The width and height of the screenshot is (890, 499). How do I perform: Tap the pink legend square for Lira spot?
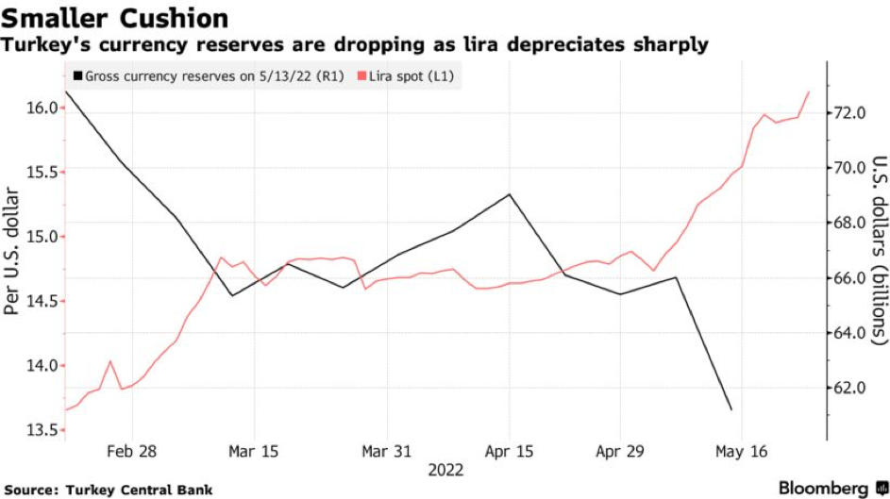(x=360, y=76)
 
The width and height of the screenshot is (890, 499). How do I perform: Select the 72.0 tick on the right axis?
(x=854, y=113)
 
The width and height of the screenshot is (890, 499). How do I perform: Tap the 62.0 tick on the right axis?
(x=854, y=388)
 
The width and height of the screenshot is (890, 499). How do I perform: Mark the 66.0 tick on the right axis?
(x=854, y=278)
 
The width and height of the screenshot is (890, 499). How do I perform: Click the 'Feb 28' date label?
(x=133, y=452)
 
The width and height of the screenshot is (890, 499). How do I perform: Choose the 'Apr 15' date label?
(x=510, y=452)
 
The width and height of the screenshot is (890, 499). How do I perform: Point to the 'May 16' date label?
(x=742, y=452)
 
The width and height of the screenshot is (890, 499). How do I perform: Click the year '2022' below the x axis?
(x=446, y=470)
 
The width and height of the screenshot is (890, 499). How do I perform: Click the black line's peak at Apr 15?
(x=510, y=194)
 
